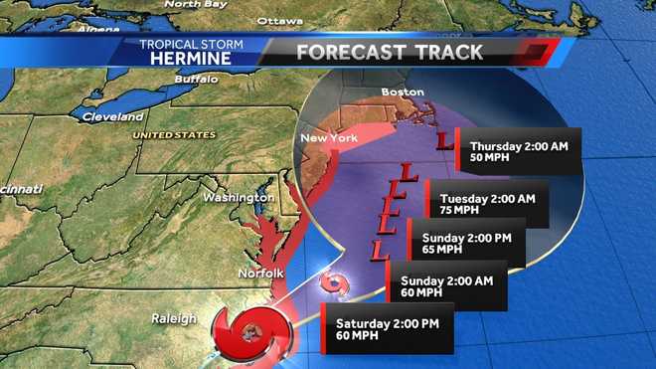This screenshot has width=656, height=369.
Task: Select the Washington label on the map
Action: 238,197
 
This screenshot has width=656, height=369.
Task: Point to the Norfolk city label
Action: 261,273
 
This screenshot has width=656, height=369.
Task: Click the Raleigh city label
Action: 173,318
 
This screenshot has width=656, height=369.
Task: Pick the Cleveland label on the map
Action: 112,116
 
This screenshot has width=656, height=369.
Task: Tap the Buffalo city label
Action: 195,79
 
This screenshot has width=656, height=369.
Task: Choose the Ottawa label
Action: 279,21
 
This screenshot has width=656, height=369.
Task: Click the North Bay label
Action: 195,4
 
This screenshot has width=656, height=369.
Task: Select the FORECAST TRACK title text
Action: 391,52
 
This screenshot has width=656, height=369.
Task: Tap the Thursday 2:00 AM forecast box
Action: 518,152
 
